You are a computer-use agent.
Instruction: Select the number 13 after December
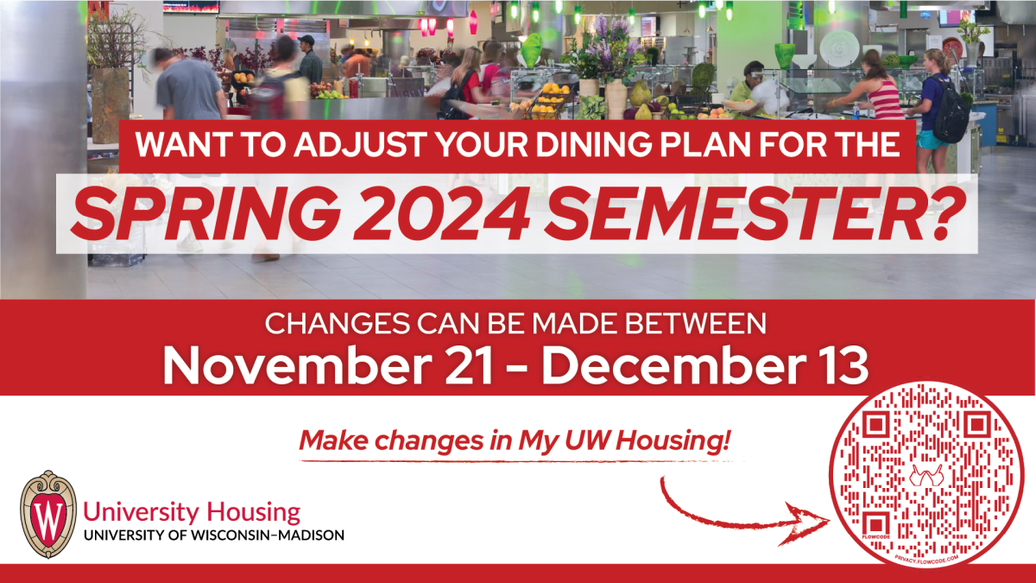pos(843,366)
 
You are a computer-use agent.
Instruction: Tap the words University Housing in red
pos(192,511)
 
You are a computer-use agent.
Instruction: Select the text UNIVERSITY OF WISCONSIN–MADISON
pos(213,535)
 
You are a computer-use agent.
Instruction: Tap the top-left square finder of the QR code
pos(873,425)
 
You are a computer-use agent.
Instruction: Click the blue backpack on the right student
pos(951,112)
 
